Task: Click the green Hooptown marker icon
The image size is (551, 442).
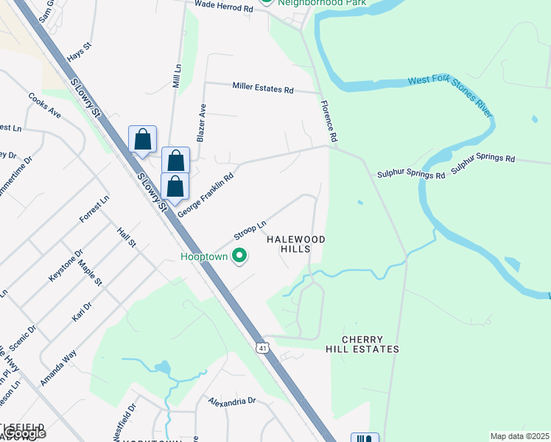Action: point(239,256)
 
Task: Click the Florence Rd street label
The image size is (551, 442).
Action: point(329,122)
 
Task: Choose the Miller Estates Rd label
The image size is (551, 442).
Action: point(263,89)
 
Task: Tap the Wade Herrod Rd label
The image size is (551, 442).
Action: point(224,4)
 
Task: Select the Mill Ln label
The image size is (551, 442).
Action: point(177,75)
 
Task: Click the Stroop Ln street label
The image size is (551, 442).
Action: point(250,231)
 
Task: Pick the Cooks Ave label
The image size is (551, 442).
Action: point(44,105)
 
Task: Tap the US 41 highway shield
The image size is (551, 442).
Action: point(262,347)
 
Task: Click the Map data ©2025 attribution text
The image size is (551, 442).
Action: point(520,436)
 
